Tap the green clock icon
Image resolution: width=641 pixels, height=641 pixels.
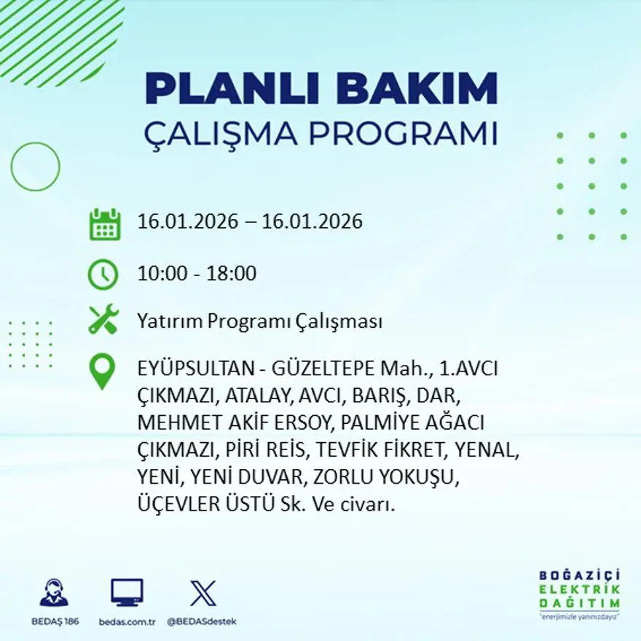pyautogui.click(x=103, y=274)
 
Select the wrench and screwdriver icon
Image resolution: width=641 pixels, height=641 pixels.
pyautogui.click(x=103, y=320)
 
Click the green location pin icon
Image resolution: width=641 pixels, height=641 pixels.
pyautogui.click(x=102, y=371)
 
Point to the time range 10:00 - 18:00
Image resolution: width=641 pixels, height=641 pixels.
pyautogui.click(x=197, y=274)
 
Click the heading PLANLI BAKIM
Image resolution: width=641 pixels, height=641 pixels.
pyautogui.click(x=320, y=89)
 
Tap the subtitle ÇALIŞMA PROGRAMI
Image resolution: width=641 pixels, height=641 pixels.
pyautogui.click(x=320, y=134)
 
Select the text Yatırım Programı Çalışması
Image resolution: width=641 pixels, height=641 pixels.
pyautogui.click(x=260, y=321)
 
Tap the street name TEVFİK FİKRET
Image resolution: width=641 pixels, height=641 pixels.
pyautogui.click(x=383, y=450)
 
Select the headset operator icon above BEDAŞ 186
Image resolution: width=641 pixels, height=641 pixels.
pyautogui.click(x=54, y=593)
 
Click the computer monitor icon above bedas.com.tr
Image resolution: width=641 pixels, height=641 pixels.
pyautogui.click(x=127, y=593)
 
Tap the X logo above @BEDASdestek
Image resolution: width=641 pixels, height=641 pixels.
pyautogui.click(x=202, y=593)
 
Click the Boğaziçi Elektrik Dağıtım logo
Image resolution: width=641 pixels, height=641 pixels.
pyautogui.click(x=580, y=594)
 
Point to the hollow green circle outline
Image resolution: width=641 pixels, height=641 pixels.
pyautogui.click(x=35, y=167)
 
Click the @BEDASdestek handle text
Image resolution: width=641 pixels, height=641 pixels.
pyautogui.click(x=202, y=621)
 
